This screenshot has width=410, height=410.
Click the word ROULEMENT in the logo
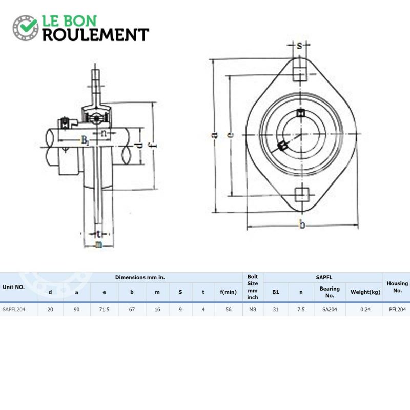(96, 35)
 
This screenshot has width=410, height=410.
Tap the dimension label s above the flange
(299, 46)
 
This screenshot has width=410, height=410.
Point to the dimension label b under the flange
(302, 224)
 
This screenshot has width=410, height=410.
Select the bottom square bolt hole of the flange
(302, 195)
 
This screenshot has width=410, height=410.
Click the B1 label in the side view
(85, 140)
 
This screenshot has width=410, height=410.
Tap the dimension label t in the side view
(98, 233)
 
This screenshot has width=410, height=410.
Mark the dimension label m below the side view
(98, 244)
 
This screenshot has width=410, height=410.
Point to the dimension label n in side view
(104, 133)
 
